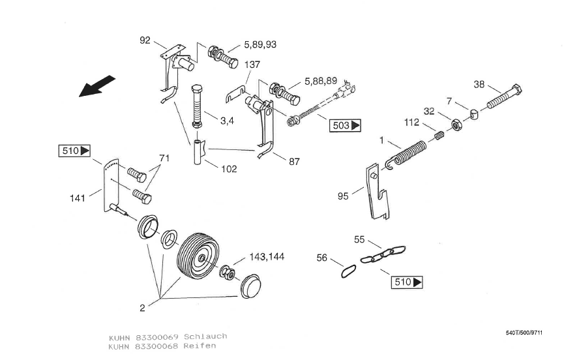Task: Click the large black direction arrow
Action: point(96,86)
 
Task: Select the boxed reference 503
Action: point(346,125)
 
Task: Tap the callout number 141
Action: point(78,198)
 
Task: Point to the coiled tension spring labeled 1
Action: point(406,153)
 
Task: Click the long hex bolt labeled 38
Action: point(504,97)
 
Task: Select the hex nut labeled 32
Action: point(457,125)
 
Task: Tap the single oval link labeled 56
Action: point(349,271)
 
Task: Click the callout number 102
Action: point(229,169)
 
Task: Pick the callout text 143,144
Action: point(267,257)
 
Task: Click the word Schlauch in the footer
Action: point(205,337)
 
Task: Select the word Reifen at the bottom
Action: point(200,346)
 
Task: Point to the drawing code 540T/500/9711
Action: point(524,333)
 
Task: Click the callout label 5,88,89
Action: point(321,82)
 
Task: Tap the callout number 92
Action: point(145,40)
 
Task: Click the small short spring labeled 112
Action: point(439,136)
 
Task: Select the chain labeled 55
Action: point(383,254)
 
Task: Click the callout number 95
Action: point(343,196)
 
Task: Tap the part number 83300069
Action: point(157,337)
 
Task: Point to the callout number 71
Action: point(164,158)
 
